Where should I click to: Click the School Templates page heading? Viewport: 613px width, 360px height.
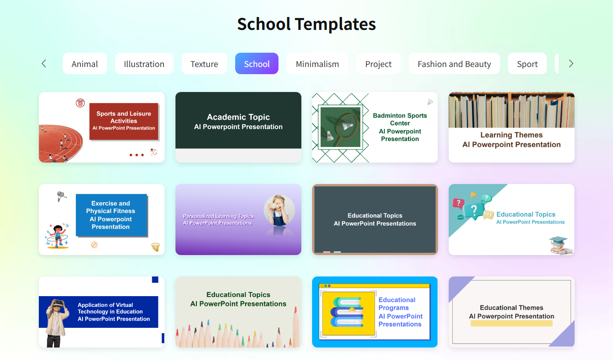pos(306,24)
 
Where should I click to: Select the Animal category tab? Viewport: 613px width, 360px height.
pos(85,64)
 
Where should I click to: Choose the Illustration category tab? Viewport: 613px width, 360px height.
pos(144,64)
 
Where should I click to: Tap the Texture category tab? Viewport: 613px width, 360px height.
pos(204,64)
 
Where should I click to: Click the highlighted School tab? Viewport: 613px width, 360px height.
pos(257,64)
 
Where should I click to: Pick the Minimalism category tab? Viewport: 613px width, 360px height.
pos(317,64)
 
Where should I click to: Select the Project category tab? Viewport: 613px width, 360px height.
pos(378,64)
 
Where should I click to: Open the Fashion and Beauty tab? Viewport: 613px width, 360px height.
pos(454,64)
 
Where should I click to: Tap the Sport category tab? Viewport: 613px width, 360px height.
pos(527,64)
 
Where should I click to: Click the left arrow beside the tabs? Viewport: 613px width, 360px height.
pos(44,64)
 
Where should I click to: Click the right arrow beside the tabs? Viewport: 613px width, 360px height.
pos(571,64)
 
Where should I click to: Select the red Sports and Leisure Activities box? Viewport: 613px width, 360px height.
pos(124,121)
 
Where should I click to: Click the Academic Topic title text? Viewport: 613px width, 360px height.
pos(238,117)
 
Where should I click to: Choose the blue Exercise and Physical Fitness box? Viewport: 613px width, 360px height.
pos(111,215)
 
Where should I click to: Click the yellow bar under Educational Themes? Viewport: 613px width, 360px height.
pos(511,323)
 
